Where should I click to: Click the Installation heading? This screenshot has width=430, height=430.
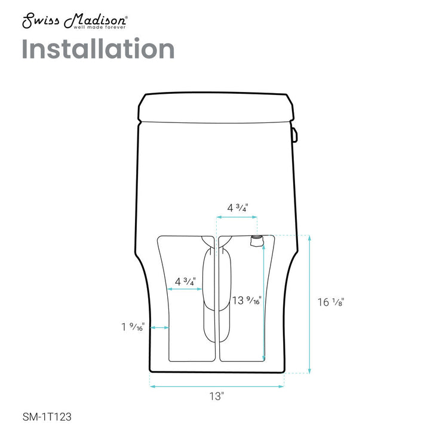click(98, 49)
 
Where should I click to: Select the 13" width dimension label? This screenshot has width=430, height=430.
click(217, 395)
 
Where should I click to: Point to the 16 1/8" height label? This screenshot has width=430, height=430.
click(330, 303)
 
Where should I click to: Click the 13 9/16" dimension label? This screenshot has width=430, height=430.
click(246, 300)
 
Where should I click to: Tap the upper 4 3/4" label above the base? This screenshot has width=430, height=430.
click(238, 208)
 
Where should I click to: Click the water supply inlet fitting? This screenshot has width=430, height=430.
click(256, 241)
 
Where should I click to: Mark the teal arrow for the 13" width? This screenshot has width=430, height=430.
click(217, 386)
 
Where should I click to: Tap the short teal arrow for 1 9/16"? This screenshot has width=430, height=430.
click(159, 327)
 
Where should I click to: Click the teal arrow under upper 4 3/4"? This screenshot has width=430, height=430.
click(237, 219)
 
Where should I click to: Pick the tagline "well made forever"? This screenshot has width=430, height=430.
click(99, 27)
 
